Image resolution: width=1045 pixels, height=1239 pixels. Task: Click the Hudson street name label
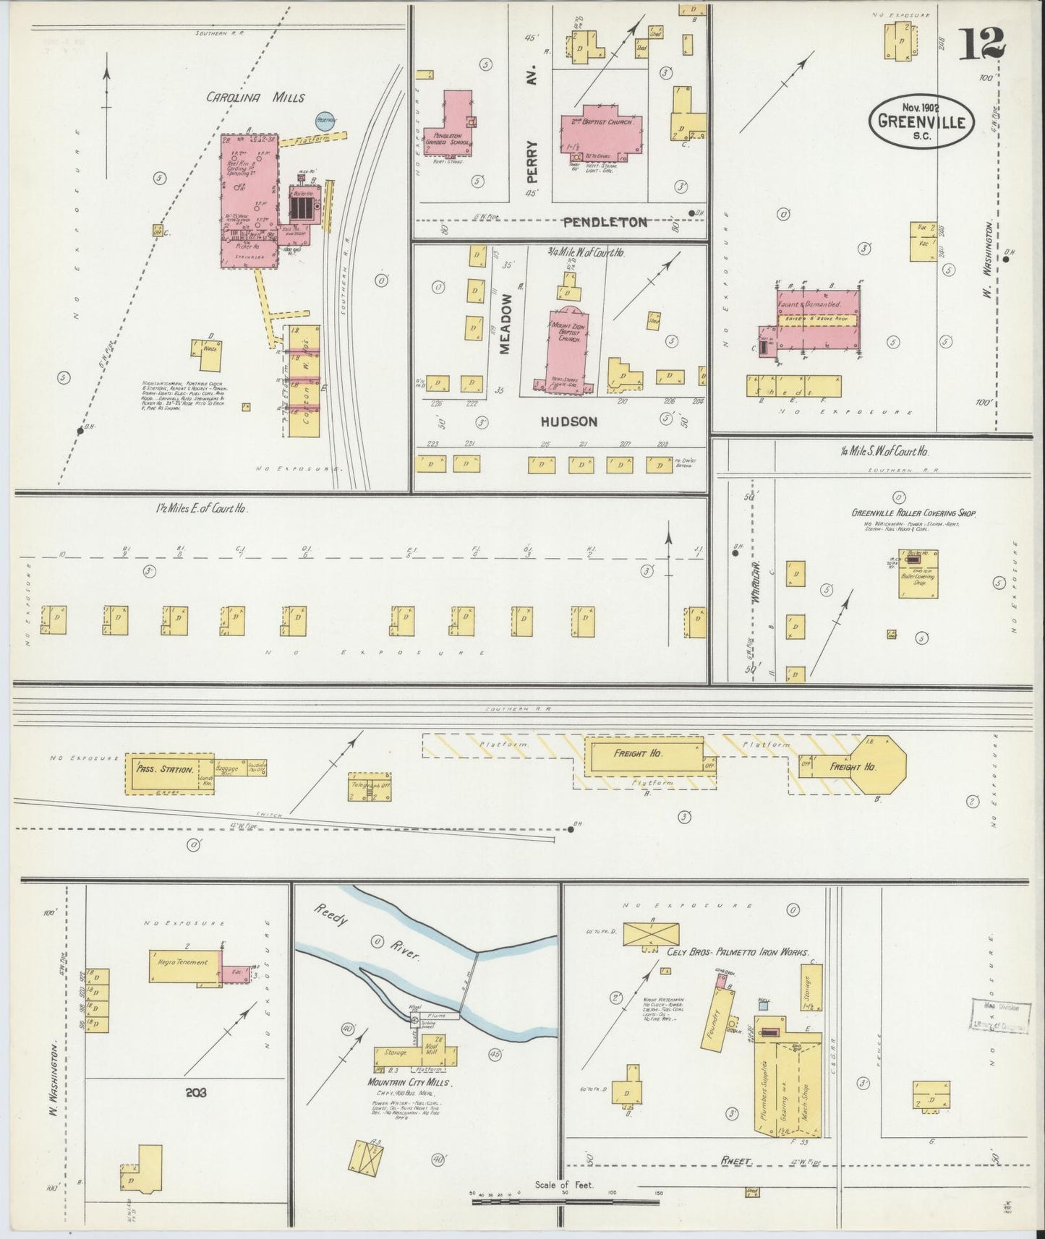coord(569,421)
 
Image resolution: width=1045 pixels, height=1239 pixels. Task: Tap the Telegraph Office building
coord(369,787)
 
